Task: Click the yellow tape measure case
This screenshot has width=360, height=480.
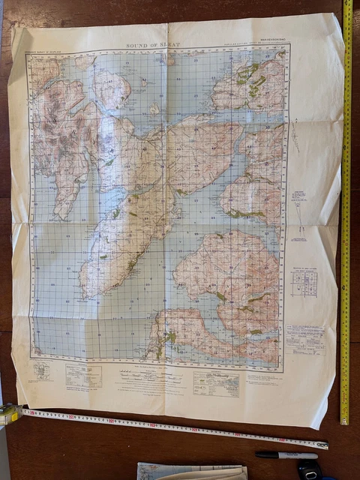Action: pyautogui.click(x=8, y=414)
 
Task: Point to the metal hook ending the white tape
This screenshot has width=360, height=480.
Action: pyautogui.click(x=325, y=445)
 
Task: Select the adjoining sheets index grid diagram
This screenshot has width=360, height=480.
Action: pyautogui.click(x=304, y=283)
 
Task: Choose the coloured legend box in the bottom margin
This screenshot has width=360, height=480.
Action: pyautogui.click(x=216, y=382)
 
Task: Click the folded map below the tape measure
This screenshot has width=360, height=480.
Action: pyautogui.click(x=191, y=472)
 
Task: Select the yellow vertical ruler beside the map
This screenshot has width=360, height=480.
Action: pyautogui.click(x=346, y=210)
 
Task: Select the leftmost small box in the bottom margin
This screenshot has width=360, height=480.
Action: pyautogui.click(x=41, y=372)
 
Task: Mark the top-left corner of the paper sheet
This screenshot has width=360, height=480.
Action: pyautogui.click(x=13, y=28)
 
